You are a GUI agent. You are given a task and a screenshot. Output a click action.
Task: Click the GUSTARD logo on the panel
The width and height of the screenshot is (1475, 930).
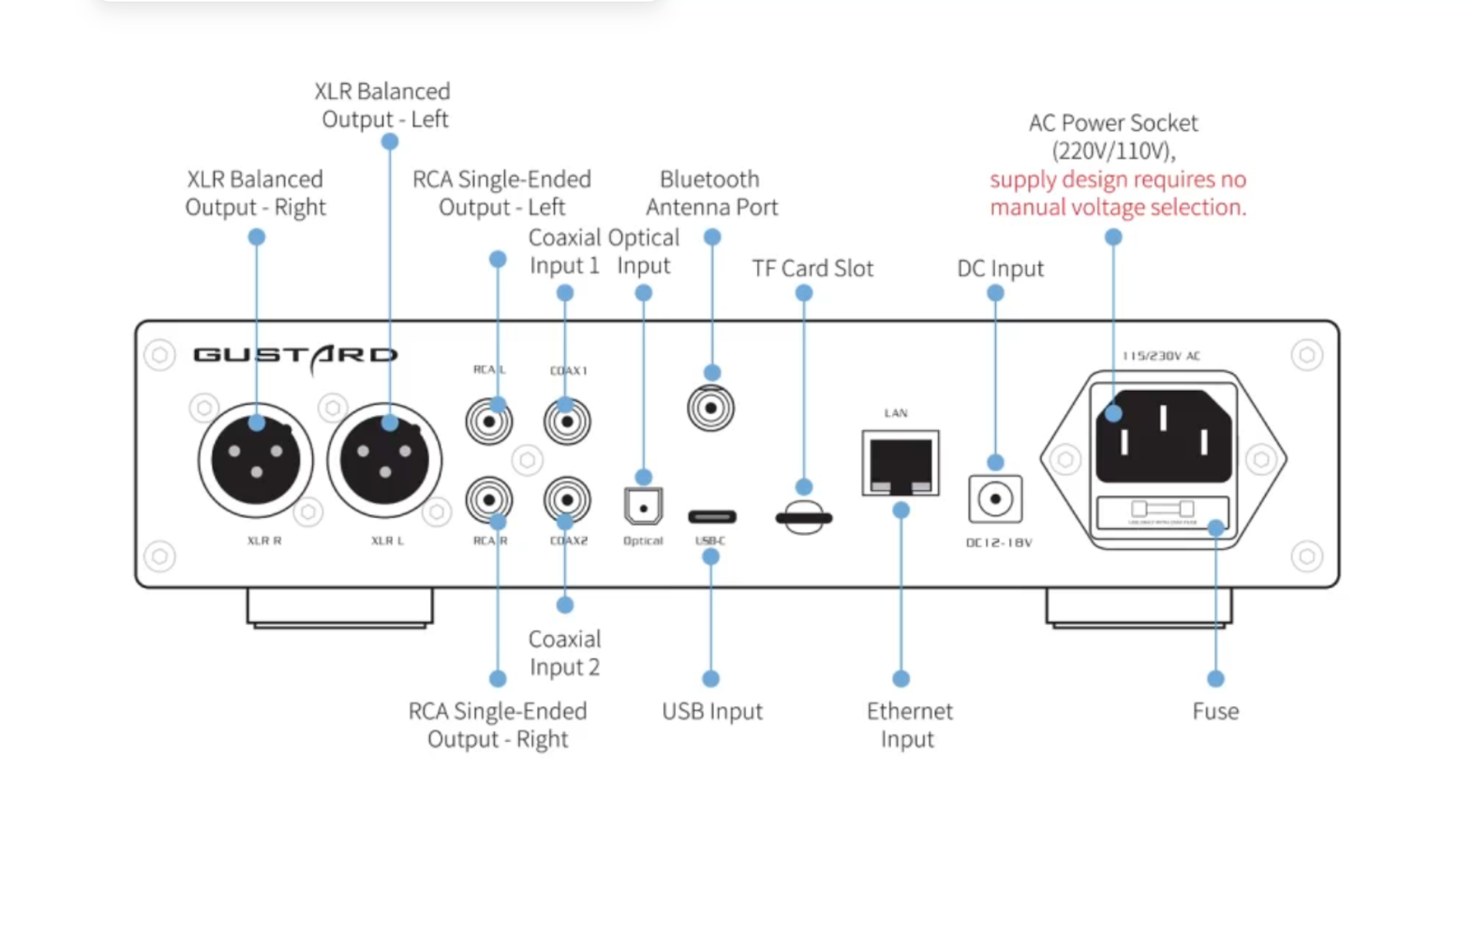[x=295, y=356]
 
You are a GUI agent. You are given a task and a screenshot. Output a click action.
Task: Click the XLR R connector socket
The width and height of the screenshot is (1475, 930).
[x=255, y=460]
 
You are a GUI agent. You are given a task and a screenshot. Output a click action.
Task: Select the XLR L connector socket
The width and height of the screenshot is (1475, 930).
[x=384, y=460]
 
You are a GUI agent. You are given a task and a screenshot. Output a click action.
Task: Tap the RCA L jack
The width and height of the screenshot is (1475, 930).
[x=489, y=422]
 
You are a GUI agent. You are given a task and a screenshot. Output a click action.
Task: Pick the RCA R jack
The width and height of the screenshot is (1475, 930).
[x=489, y=499]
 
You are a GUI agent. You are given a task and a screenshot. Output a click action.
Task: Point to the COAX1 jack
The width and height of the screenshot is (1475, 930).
[x=567, y=422]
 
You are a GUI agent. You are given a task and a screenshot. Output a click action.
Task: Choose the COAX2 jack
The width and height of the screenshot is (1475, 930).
[x=567, y=499]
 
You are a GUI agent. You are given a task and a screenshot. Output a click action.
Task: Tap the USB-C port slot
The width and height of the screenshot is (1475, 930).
[x=712, y=516]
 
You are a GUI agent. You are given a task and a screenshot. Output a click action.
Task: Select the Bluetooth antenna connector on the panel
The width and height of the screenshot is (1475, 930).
[x=710, y=408]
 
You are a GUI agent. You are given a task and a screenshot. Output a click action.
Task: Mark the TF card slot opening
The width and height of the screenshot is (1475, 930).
[x=804, y=517]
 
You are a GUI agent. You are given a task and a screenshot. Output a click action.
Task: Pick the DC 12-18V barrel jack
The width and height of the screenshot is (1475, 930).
[x=995, y=499]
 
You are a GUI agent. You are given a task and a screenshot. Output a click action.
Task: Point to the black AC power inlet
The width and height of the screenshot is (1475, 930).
[x=1163, y=435]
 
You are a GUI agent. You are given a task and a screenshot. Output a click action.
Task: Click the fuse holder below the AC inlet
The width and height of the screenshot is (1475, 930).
[x=1163, y=511]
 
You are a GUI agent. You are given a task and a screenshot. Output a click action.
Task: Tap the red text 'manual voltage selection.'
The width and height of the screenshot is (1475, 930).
[x=1118, y=208]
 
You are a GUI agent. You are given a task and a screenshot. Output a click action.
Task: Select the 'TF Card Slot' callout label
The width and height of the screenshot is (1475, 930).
[x=812, y=268]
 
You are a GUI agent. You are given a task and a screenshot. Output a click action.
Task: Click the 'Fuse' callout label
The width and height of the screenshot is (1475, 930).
[x=1215, y=711]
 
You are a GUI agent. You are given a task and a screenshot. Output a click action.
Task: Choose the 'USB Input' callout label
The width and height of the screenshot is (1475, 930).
[x=712, y=711]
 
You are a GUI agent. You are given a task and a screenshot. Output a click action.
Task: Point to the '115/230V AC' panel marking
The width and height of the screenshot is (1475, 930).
[x=1160, y=356]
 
